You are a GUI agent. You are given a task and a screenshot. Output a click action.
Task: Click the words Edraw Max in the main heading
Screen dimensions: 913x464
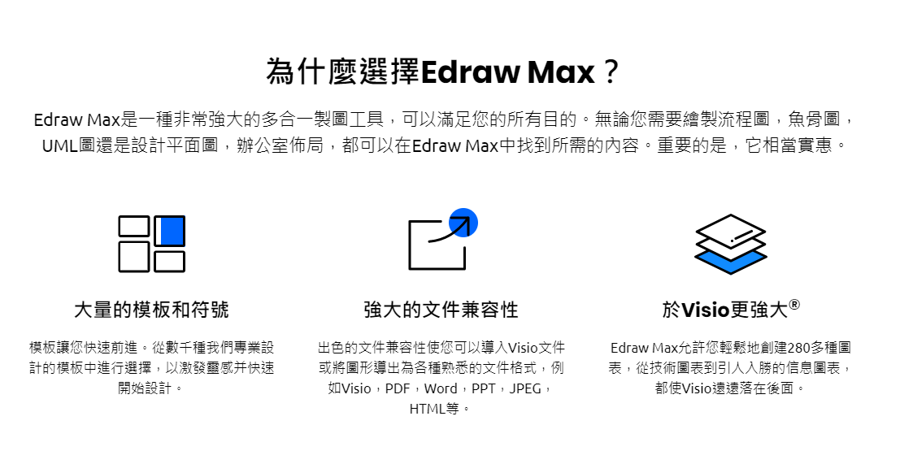pos(507,72)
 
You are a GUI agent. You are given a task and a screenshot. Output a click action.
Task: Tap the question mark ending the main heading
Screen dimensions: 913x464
pos(611,72)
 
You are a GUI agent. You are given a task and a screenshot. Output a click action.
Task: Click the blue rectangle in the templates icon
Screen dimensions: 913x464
pos(172,231)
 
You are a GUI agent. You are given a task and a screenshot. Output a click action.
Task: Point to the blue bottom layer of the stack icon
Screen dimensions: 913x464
pos(731,262)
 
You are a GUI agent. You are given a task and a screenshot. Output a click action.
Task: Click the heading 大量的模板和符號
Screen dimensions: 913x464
pos(151,309)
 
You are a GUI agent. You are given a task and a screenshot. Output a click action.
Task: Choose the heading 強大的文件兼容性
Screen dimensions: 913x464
pos(441,309)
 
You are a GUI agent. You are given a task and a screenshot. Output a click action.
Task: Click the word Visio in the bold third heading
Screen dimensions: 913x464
pos(705,310)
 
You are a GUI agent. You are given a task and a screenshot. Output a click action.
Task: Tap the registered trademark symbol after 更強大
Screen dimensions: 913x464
pos(794,305)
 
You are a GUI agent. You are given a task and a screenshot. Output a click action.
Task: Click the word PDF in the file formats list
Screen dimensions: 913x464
pos(398,388)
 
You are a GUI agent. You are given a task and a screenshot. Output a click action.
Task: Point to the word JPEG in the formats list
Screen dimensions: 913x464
pos(525,388)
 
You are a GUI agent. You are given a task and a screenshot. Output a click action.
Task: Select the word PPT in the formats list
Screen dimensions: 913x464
pos(483,388)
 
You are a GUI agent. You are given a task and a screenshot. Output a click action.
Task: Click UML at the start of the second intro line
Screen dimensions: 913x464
pos(59,145)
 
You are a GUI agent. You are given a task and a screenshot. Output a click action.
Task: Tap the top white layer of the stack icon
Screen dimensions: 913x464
pos(731,228)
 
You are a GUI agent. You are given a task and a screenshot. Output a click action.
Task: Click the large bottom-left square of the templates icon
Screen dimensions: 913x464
pos(134,257)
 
